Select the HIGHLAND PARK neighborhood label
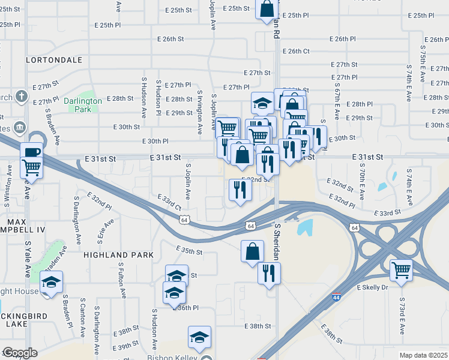[118, 255]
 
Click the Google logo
[19, 353]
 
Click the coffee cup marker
[31, 151]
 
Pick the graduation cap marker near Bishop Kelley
[199, 338]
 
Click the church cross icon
[21, 96]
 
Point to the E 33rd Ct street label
[169, 202]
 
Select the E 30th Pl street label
[156, 141]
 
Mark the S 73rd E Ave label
[402, 315]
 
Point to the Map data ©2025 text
[423, 355]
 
